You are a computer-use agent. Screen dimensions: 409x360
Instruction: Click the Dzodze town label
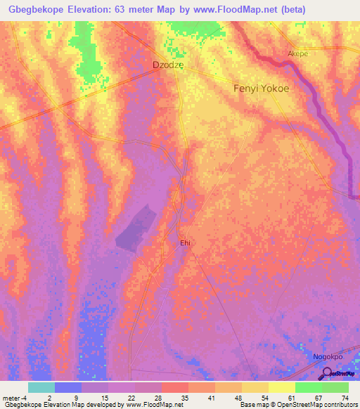point(169,65)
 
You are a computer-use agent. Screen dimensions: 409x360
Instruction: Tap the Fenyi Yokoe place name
point(261,89)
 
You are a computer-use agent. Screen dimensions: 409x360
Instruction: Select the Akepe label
point(298,53)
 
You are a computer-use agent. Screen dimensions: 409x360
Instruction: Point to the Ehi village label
point(186,242)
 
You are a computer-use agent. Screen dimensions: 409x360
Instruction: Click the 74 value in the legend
point(345,397)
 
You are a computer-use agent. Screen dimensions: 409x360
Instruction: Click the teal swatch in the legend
point(41,387)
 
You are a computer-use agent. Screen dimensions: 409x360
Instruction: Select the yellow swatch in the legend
point(281,387)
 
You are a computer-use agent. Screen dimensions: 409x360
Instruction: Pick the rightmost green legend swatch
point(335,387)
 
